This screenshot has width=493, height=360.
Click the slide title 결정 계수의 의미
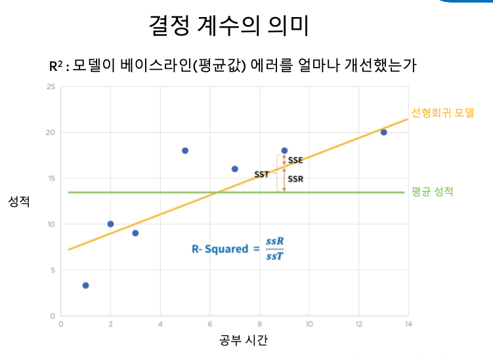tap(228, 25)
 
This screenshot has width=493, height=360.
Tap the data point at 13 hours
tap(383, 132)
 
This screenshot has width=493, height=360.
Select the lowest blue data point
tap(85, 285)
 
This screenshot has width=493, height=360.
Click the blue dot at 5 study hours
tap(185, 150)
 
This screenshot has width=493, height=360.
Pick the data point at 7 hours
tap(234, 169)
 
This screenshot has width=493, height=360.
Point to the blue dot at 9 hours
tap(284, 150)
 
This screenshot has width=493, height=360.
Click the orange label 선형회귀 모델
tap(442, 112)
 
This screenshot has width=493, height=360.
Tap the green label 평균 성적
tap(433, 191)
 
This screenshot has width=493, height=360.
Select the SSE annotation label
tap(295, 160)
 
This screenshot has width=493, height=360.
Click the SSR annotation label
tap(295, 179)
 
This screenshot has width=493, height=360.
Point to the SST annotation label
tap(261, 174)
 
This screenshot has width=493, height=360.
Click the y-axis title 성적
tap(19, 202)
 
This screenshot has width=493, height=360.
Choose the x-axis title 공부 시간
tap(244, 340)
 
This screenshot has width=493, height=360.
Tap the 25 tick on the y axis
tap(51, 87)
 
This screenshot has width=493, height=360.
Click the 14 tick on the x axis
tap(408, 324)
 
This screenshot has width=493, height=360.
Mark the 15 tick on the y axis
tap(51, 179)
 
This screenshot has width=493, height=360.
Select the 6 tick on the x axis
tap(209, 324)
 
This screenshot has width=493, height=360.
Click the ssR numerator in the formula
tap(275, 241)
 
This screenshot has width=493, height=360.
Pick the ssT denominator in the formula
tap(275, 256)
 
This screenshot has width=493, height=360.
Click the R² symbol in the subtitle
tap(56, 66)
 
